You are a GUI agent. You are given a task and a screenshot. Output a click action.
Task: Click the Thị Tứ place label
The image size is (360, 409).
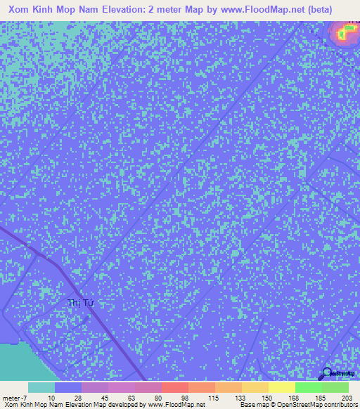click(x=80, y=303)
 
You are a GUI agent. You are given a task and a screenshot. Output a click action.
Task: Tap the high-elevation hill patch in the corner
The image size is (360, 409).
click(x=344, y=33)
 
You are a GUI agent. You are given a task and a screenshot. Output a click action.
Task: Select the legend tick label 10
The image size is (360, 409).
click(x=51, y=397)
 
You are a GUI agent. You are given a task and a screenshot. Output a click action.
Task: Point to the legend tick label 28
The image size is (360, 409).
click(x=77, y=397)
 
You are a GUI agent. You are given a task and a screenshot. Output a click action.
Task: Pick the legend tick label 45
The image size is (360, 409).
click(x=105, y=397)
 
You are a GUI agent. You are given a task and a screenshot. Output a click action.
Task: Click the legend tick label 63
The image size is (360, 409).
click(x=131, y=397)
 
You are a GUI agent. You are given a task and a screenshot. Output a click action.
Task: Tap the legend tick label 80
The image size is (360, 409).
click(x=158, y=397)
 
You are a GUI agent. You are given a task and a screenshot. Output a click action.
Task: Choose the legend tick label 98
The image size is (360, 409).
click(x=185, y=397)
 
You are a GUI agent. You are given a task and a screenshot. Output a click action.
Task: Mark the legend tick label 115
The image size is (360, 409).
click(x=212, y=397)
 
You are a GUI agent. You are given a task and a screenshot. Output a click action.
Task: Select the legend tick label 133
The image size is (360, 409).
click(x=238, y=397)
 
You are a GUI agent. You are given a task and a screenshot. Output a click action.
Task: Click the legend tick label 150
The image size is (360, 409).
click(x=265, y=397)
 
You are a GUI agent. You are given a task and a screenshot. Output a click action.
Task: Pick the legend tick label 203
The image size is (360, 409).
click(x=345, y=397)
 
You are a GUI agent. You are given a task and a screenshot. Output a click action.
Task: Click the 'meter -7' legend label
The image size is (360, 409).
click(x=14, y=397)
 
